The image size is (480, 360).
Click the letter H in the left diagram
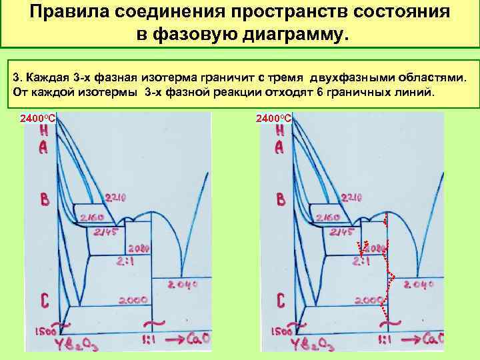point(43,131)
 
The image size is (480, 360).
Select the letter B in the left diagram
point(44,199)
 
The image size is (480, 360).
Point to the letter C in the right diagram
point(281,301)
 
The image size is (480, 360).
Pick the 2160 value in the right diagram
point(328,217)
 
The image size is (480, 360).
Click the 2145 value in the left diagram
point(105,231)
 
